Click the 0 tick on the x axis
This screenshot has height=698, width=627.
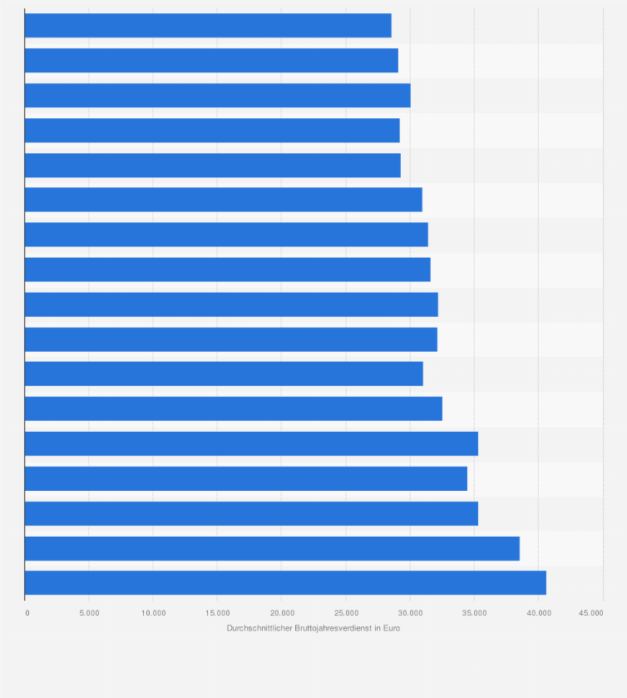[27, 613]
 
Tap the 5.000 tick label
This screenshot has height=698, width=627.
[89, 613]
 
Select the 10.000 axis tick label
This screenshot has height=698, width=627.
[153, 613]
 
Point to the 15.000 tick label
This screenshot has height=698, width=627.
[217, 613]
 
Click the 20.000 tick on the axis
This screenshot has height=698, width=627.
[281, 613]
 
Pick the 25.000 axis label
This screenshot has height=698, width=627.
[346, 613]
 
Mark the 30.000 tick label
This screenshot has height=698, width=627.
[410, 613]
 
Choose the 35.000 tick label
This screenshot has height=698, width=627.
[474, 613]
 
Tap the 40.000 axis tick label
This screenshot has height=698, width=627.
[538, 613]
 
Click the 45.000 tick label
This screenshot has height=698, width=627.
[591, 613]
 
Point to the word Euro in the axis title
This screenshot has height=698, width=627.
[392, 628]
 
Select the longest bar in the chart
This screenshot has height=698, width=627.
[285, 583]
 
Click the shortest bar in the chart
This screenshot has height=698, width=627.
[208, 26]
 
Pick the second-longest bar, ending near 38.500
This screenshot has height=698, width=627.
[272, 548]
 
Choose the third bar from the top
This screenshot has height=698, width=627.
[217, 96]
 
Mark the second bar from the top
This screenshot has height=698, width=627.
[211, 61]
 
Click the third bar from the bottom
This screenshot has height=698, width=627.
[251, 513]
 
